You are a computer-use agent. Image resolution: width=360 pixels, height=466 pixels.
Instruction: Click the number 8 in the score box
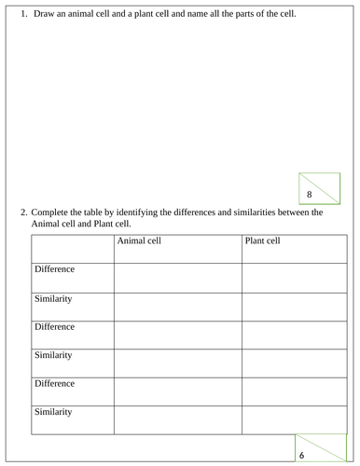tap(309, 194)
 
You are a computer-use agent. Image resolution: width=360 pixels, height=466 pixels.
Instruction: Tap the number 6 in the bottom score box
tap(302, 455)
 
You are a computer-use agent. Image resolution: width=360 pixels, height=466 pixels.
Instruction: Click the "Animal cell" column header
tap(139, 240)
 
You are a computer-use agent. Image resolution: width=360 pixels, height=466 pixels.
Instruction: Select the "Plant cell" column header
tap(261, 240)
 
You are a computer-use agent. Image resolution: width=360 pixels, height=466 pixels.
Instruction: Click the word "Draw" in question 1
tap(44, 14)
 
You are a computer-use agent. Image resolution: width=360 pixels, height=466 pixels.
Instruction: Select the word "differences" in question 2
tap(197, 212)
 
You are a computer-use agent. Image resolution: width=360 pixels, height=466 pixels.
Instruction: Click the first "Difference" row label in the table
tap(54, 269)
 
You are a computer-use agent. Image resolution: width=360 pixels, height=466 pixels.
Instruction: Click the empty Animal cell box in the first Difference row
tap(177, 277)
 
